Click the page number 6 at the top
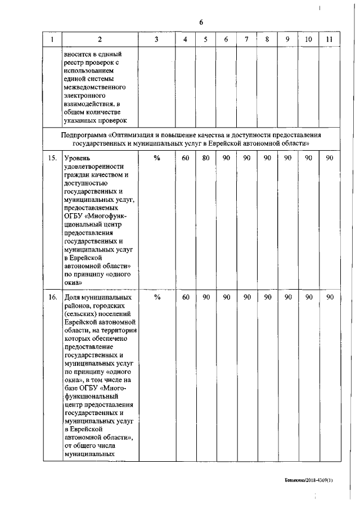tap(201, 22)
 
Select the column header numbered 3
tap(156, 40)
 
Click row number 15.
tap(52, 159)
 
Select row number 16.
tap(52, 298)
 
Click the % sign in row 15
tap(157, 159)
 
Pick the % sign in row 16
tap(157, 298)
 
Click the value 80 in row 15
tap(206, 159)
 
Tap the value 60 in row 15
tap(185, 159)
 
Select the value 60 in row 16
tap(185, 298)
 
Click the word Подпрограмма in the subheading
tap(84, 136)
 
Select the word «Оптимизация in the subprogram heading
tap(133, 136)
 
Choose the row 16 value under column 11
tap(330, 298)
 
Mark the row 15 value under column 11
tap(330, 159)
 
